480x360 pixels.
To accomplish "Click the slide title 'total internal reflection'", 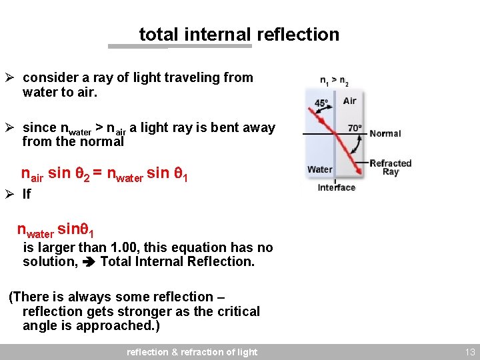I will click(239, 34).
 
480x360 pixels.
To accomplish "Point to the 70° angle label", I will click(355, 127).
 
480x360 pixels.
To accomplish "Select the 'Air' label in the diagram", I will click(349, 101).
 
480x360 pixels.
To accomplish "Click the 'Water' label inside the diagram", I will click(320, 169).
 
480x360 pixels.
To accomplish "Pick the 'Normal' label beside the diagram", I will click(385, 133).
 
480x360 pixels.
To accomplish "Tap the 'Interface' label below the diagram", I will click(337, 187).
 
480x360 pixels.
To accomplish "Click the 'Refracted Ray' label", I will click(391, 167).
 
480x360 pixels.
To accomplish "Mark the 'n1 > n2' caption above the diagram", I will click(334, 81).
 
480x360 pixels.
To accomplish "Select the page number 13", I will click(470, 352).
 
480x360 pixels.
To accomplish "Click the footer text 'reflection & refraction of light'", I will click(192, 352).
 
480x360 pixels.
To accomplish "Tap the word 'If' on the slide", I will click(27, 194).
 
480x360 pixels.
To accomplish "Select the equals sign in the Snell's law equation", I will click(97, 173).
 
